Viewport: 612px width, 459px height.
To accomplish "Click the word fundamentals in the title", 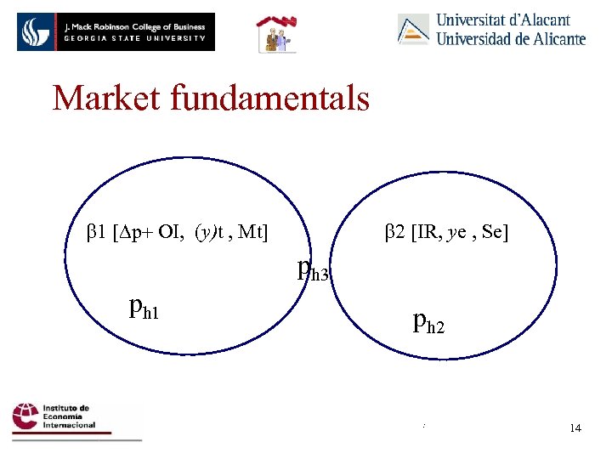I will click(270, 99).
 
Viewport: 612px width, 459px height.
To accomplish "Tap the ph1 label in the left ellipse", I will click(145, 307).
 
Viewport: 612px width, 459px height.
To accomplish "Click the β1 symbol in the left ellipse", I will click(95, 230).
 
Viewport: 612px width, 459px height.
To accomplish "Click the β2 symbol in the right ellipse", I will click(394, 230).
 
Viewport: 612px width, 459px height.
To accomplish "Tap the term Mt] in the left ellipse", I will click(253, 230).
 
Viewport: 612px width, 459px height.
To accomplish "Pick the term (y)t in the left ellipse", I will click(209, 230).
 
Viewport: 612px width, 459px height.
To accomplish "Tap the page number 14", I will click(575, 428).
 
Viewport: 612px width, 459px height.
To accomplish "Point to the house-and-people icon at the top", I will click(275, 35).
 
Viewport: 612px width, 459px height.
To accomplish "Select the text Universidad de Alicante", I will click(511, 38).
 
